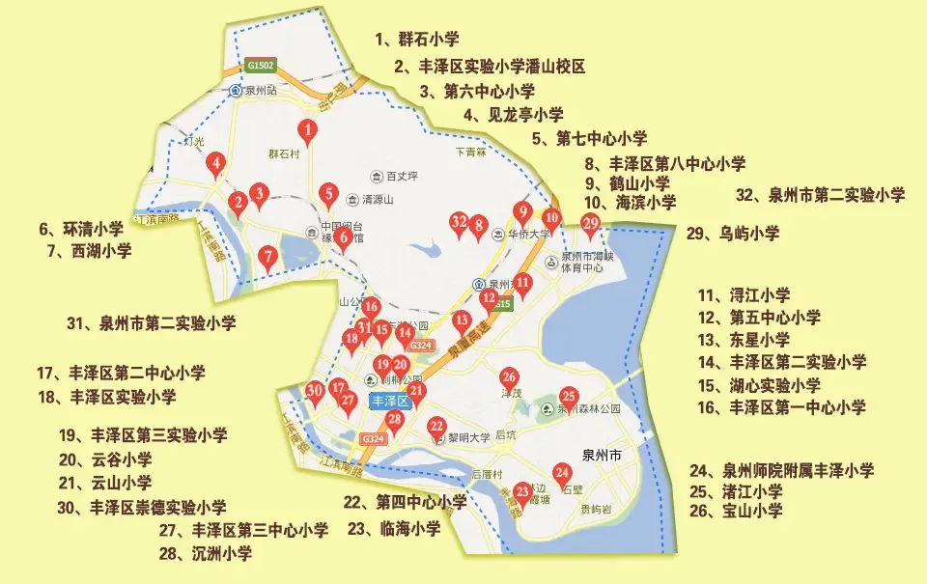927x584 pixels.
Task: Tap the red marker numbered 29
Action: point(591,224)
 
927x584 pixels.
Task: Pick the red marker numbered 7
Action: point(267,257)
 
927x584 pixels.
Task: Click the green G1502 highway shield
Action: point(261,66)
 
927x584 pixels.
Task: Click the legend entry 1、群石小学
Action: point(417,40)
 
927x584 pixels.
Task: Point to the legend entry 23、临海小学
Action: point(393,529)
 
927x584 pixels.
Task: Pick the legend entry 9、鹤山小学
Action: point(627,183)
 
